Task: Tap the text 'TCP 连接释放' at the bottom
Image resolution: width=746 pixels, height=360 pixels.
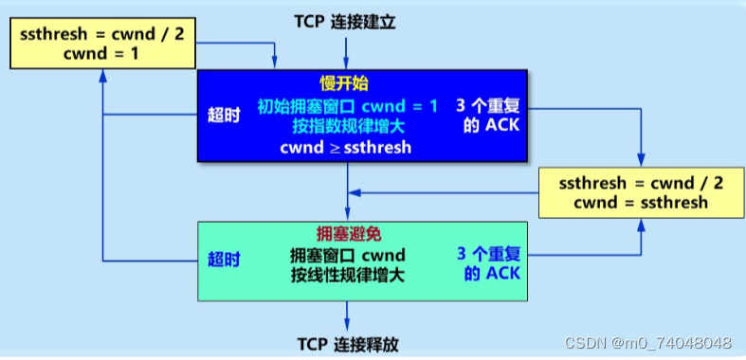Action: (348, 343)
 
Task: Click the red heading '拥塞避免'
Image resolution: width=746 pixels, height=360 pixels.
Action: (347, 234)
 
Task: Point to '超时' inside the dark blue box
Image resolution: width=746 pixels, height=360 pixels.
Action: (224, 116)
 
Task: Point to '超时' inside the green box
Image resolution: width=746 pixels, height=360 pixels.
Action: (224, 259)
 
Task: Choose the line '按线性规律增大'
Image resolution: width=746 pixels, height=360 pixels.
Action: (347, 276)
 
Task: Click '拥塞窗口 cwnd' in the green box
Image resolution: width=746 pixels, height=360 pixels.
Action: (347, 255)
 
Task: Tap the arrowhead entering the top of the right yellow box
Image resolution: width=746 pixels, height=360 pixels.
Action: (642, 162)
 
